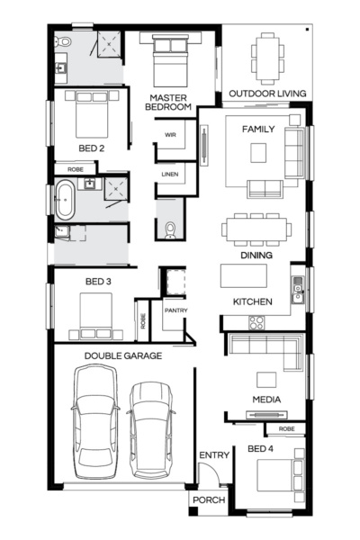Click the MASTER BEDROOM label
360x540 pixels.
click(170, 102)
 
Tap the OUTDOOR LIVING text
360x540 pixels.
click(267, 94)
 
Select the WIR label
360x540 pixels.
click(169, 135)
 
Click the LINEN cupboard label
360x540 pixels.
click(169, 174)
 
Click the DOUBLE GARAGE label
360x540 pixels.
click(123, 355)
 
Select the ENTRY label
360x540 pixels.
click(214, 455)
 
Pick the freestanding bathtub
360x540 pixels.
click(66, 200)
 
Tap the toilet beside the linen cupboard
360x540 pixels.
click(170, 229)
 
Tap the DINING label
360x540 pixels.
click(256, 255)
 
